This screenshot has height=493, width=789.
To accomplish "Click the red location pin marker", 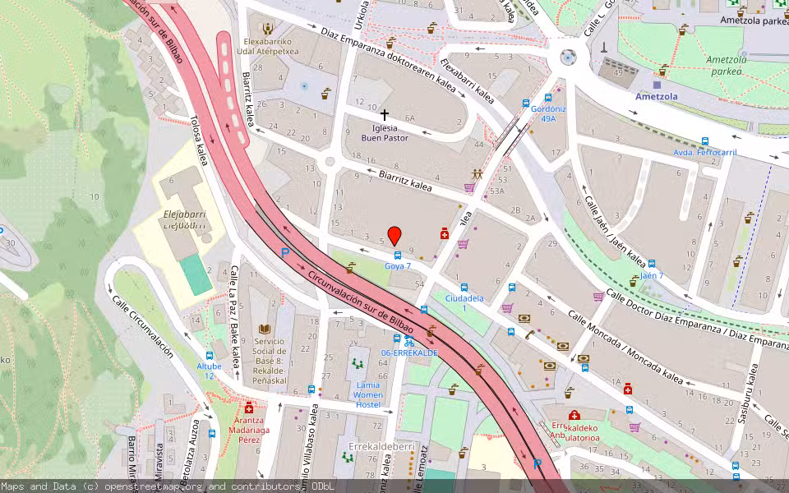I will tap(394, 236).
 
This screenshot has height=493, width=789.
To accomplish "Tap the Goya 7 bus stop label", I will tap(398, 266).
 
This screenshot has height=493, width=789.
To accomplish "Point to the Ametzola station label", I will tap(655, 96).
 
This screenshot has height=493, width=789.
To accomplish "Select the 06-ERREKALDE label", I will tap(408, 352).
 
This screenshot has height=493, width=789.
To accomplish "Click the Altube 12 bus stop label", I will tap(209, 371).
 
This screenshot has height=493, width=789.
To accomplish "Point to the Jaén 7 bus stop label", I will tap(651, 275).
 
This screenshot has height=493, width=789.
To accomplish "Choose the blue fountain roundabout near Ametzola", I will tap(567, 58).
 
